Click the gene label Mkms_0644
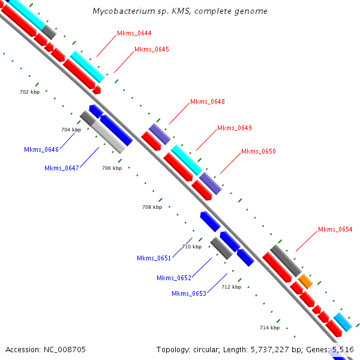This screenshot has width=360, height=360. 134,33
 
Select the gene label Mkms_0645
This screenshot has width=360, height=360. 152,49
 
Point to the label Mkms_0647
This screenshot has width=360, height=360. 62,168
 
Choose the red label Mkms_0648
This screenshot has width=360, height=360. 208,101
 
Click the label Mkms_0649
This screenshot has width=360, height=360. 235,128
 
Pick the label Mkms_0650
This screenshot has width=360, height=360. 259,151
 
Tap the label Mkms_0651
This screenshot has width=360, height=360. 154,258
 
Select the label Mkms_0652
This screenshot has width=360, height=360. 174,278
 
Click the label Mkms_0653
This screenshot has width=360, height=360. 189,293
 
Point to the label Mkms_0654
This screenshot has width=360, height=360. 335,229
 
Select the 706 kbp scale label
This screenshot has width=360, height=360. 112,168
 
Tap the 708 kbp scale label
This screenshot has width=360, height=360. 152,207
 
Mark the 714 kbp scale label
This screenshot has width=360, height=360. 269,328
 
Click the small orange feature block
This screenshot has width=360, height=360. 305,281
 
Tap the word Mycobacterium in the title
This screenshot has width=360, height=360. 126,11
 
